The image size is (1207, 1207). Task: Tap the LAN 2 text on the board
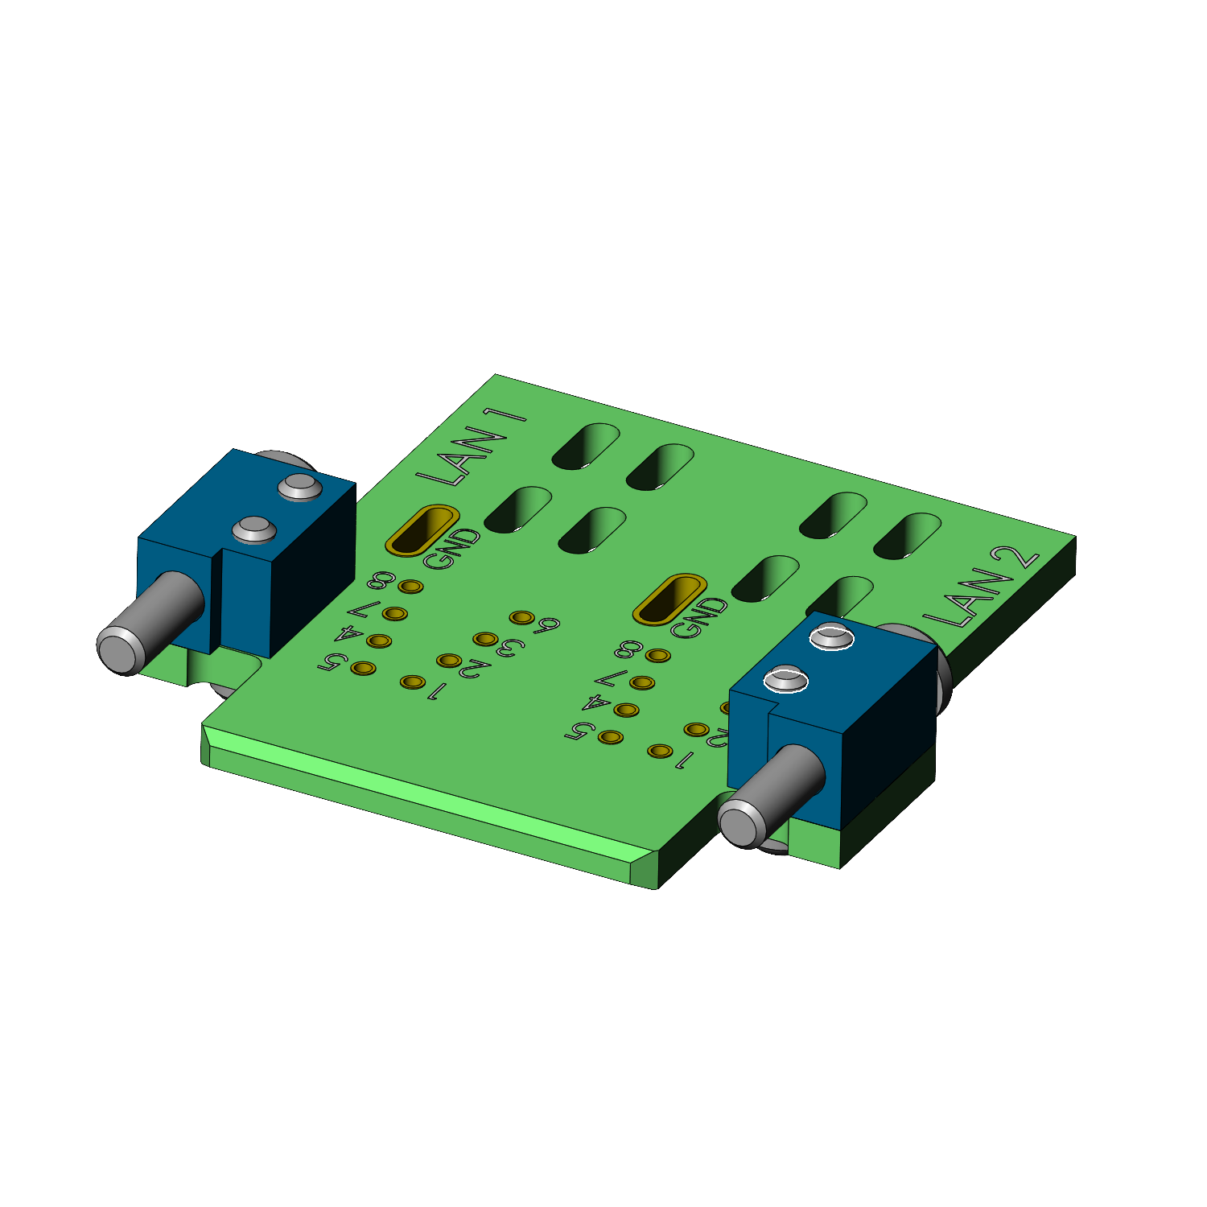(x=981, y=588)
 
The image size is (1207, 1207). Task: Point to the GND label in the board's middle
(x=698, y=617)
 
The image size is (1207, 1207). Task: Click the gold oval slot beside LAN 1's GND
(x=422, y=530)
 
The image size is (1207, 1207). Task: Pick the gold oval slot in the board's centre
(x=669, y=599)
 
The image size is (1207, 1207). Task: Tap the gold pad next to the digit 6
(x=522, y=617)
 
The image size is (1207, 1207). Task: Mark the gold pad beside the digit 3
(x=484, y=639)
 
